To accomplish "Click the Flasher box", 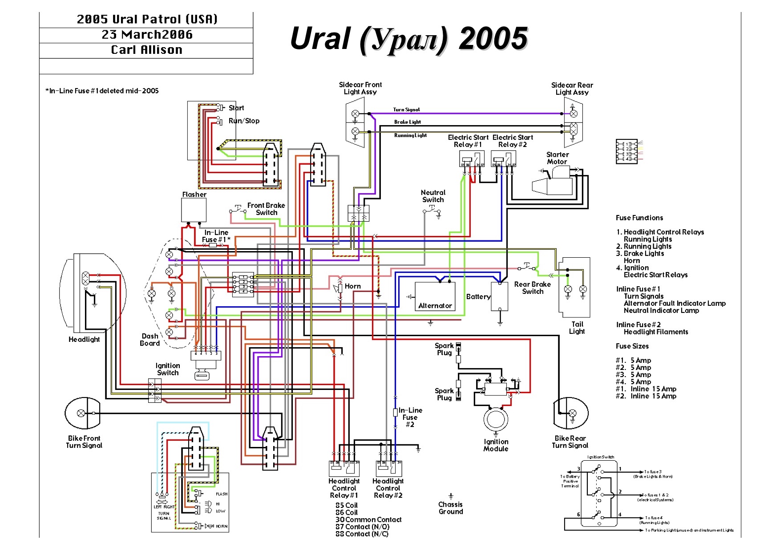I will click(x=194, y=210).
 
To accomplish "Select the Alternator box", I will click(x=435, y=296).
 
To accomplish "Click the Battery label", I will click(x=478, y=296).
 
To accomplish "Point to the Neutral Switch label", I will click(x=433, y=196).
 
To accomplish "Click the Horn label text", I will click(x=352, y=286).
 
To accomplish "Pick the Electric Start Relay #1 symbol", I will click(x=472, y=158).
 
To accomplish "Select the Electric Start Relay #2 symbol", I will click(x=503, y=158).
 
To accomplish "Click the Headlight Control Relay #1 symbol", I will click(x=344, y=468).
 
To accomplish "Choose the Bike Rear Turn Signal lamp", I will click(x=571, y=413).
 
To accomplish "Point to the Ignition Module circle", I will click(x=496, y=419).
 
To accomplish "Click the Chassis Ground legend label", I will click(x=450, y=508).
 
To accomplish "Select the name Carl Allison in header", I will click(x=146, y=50).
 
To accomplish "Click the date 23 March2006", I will click(x=147, y=35).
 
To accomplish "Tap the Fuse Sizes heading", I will click(x=632, y=346).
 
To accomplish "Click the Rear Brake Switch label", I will click(x=532, y=288).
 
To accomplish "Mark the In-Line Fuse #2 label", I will click(x=410, y=417).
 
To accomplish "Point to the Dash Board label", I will click(x=150, y=340).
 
